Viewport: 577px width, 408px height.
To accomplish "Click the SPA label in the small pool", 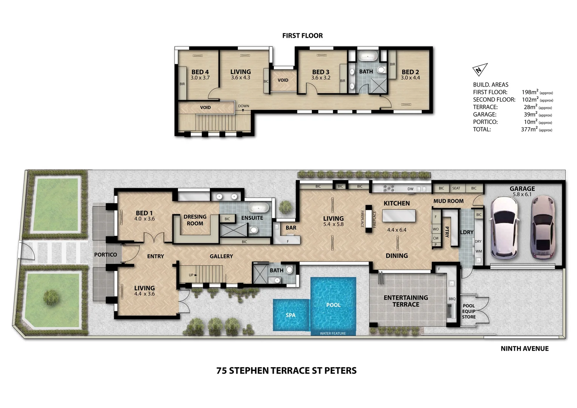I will tap(290, 315).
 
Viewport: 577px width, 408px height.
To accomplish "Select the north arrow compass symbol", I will tap(479, 70).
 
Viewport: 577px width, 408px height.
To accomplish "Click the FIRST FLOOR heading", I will tap(302, 36).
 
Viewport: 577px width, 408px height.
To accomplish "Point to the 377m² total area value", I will tap(529, 129).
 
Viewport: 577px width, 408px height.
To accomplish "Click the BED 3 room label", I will tap(321, 72).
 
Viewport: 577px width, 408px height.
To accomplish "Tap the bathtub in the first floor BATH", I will tap(367, 57).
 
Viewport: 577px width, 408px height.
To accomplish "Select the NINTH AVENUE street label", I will tap(524, 349).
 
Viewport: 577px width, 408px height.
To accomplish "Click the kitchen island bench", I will tap(399, 216).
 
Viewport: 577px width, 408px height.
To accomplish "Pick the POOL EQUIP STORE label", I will tap(469, 311).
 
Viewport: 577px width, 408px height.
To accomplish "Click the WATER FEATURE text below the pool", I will tap(333, 334).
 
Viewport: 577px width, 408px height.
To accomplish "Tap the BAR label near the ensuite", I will tap(291, 228).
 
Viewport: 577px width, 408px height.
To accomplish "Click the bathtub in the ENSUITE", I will tap(258, 208).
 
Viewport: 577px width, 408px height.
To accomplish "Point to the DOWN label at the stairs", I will tap(244, 106).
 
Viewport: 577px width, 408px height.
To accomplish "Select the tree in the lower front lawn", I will tap(52, 297).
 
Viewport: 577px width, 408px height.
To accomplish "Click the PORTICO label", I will tap(105, 255).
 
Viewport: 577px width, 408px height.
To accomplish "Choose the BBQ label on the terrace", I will tap(452, 299).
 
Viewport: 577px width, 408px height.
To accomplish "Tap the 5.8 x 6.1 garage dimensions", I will tap(522, 195).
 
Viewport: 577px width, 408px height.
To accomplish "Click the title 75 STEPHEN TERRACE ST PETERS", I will tap(286, 371).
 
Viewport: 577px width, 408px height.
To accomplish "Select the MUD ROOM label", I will tap(448, 201).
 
